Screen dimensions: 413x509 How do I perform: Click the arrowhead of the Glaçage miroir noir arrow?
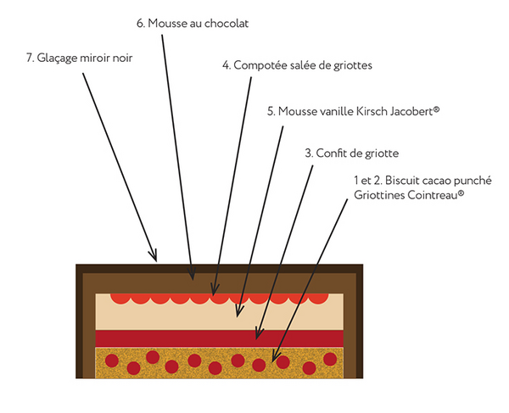click(155, 257)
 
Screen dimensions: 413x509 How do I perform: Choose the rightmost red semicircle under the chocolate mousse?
click(317, 298)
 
